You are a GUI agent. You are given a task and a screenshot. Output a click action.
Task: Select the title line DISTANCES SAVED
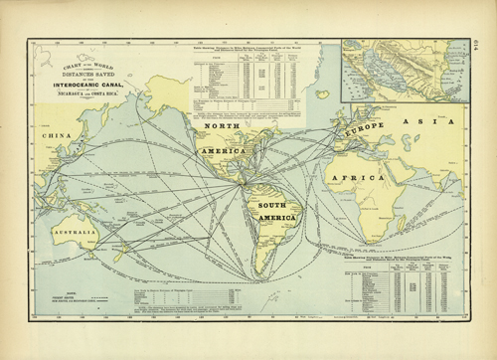pyautogui.click(x=83, y=72)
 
